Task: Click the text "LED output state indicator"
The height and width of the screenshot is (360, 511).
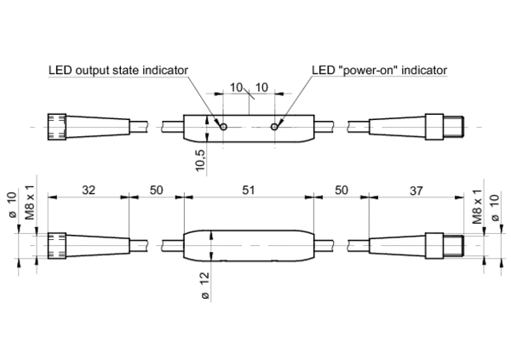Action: coord(118,70)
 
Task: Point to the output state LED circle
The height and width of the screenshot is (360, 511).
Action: coord(223,128)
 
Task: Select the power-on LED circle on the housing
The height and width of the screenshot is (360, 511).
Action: coord(274,128)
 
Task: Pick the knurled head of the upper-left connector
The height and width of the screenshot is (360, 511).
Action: coord(58,127)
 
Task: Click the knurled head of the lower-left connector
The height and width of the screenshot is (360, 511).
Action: coord(58,244)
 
